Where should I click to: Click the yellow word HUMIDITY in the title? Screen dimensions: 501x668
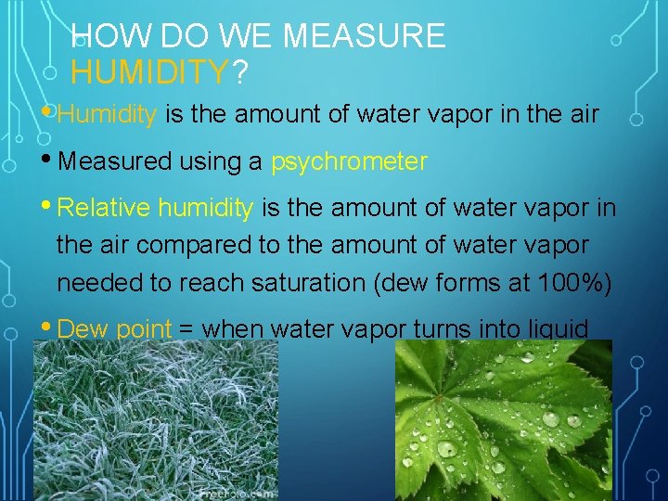(149, 71)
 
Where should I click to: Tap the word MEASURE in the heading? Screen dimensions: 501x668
(364, 36)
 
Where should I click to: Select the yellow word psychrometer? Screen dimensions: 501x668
(349, 162)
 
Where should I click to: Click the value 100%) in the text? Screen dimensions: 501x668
(573, 283)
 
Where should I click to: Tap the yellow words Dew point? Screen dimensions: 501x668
(114, 329)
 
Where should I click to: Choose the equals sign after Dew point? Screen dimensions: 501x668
(186, 330)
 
